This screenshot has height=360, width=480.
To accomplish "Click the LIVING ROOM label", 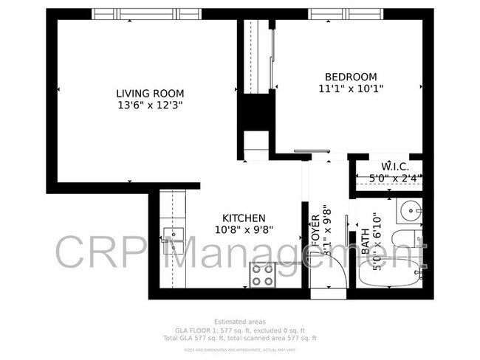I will [149, 94].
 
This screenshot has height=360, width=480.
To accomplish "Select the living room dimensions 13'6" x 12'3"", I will [149, 105].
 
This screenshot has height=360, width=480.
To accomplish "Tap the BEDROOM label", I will [351, 77].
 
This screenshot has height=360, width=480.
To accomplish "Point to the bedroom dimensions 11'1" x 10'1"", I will [351, 89].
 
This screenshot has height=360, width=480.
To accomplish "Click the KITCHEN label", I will [244, 218].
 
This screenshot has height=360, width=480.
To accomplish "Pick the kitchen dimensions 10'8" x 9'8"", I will [244, 229].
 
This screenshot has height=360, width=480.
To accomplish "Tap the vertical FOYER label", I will [313, 229].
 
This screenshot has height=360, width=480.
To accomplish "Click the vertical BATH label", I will [366, 242].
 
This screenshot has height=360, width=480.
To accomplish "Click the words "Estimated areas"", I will [239, 322].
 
